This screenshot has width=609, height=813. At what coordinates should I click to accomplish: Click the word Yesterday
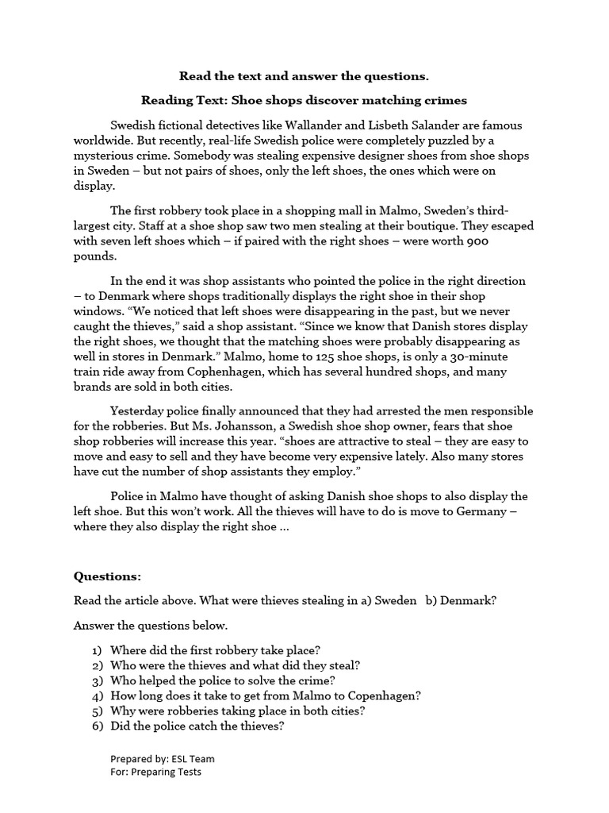(139, 411)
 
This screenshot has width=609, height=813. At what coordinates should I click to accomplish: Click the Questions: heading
(107, 576)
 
